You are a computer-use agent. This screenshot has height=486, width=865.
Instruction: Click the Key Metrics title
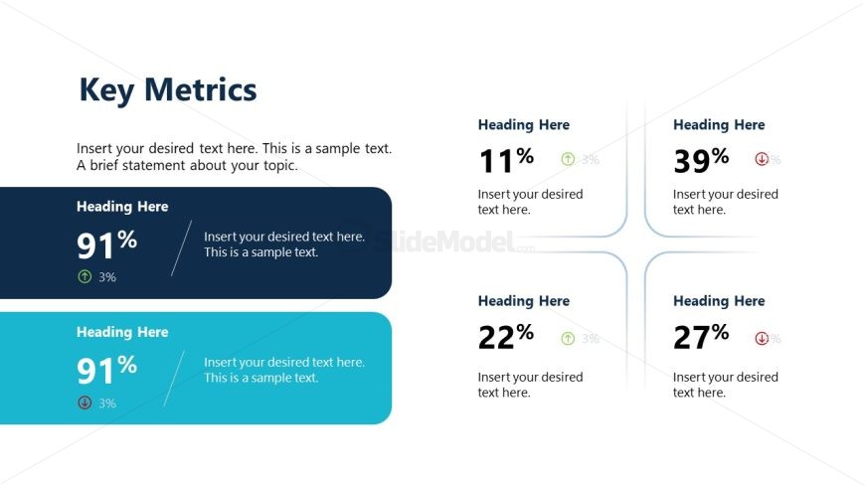coord(167,90)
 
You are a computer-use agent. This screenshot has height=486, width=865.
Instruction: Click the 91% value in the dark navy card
coord(106,243)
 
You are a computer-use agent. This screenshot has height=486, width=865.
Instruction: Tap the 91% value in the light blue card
coord(106,369)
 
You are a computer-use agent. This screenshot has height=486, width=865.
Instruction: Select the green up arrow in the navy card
coord(85,277)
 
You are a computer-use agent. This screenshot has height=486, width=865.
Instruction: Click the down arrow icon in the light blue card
coord(85,403)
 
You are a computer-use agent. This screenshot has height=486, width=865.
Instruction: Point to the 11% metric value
coord(506,159)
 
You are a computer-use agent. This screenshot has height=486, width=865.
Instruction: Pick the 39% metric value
coord(701,159)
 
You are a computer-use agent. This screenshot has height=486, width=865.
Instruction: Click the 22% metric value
coord(506,337)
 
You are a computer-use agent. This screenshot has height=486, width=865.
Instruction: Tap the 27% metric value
coord(701,337)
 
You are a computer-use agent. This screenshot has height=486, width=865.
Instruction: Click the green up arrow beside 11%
coord(568,159)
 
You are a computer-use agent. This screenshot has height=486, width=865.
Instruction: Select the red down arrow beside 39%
coord(762,159)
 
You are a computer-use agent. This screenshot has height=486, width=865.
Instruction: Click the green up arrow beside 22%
coord(568,339)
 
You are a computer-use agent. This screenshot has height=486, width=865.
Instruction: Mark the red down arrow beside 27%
coord(762,339)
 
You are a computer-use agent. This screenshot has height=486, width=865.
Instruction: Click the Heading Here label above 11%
coord(524,125)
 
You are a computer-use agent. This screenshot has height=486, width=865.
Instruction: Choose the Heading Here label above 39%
coord(719,125)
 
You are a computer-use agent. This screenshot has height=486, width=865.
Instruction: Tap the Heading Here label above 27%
coord(719,301)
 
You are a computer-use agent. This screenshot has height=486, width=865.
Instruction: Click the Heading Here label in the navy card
coord(122,207)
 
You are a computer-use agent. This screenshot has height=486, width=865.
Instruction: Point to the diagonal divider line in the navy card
coord(181,247)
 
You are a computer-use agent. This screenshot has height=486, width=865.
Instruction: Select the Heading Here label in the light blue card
coord(122,332)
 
